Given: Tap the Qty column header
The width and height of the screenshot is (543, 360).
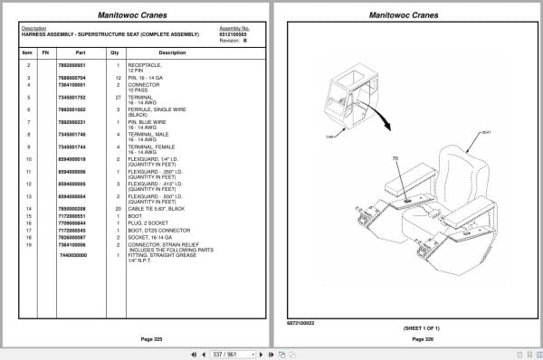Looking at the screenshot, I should [115, 52].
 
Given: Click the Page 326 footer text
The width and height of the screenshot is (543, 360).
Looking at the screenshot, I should [412, 338].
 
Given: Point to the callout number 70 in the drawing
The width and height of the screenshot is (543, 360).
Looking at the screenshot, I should [395, 160].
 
